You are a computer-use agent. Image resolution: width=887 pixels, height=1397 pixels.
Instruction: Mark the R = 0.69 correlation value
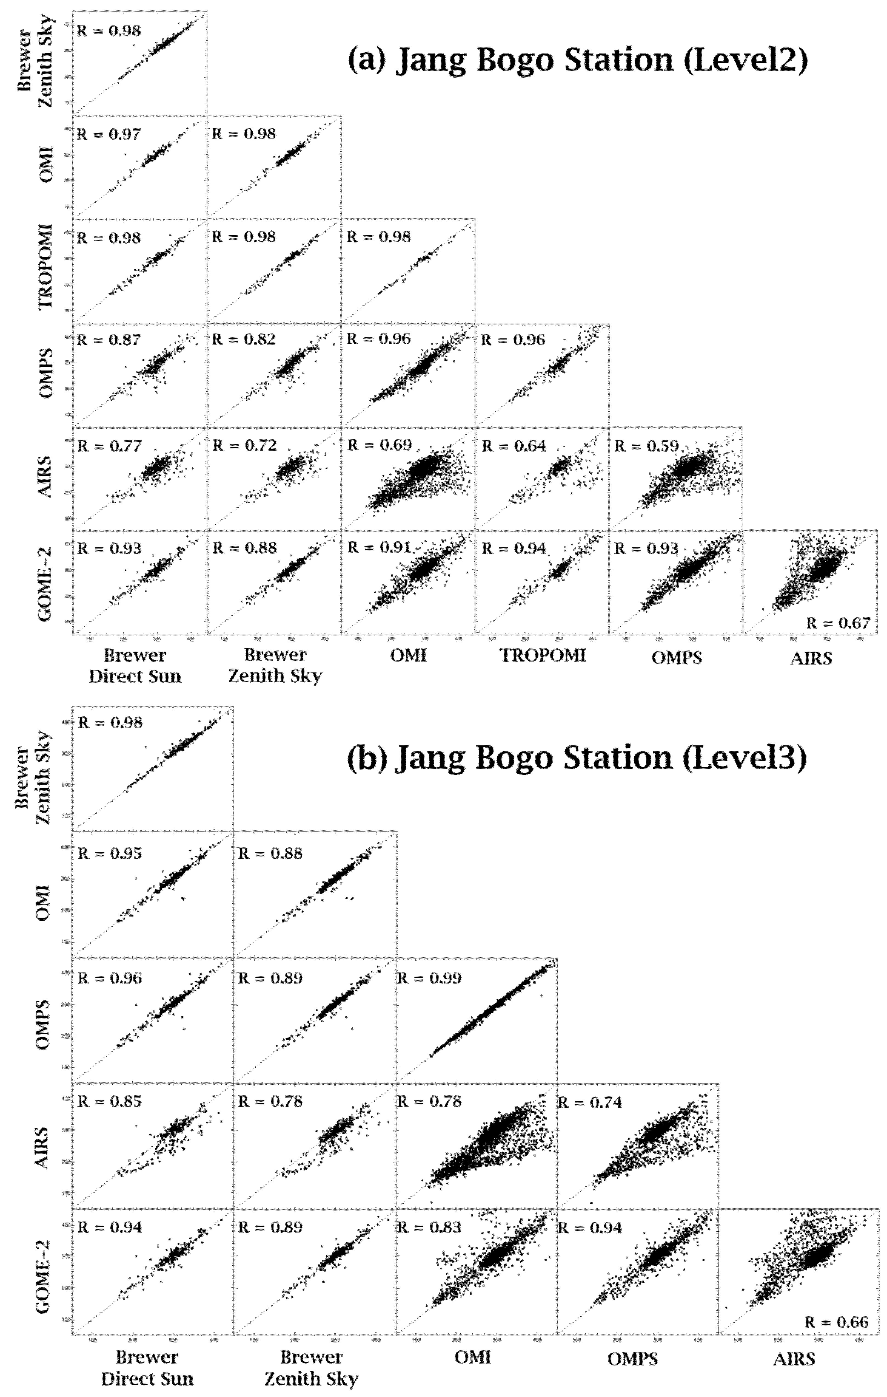pos(379,445)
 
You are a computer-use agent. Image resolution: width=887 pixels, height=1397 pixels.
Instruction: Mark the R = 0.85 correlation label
pos(110,1102)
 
